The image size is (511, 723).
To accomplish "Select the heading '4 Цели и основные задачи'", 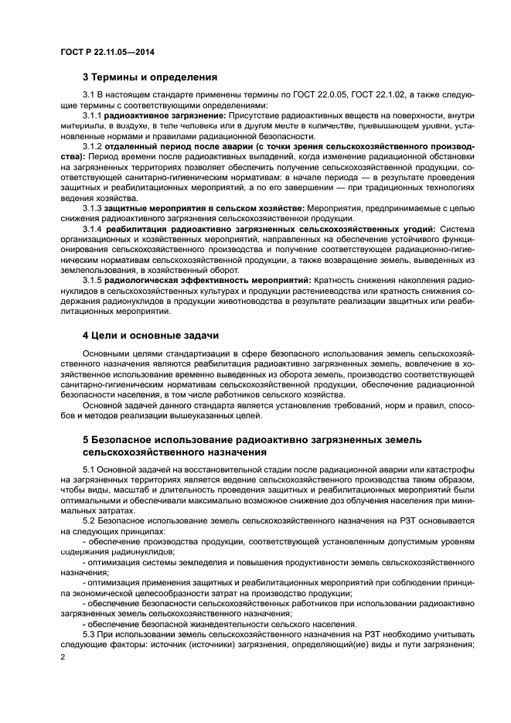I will point(151,335).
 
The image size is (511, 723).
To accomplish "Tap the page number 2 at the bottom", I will point(63,656).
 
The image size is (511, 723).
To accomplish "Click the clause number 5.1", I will point(89,469).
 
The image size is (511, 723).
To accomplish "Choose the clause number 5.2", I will point(89,520).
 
